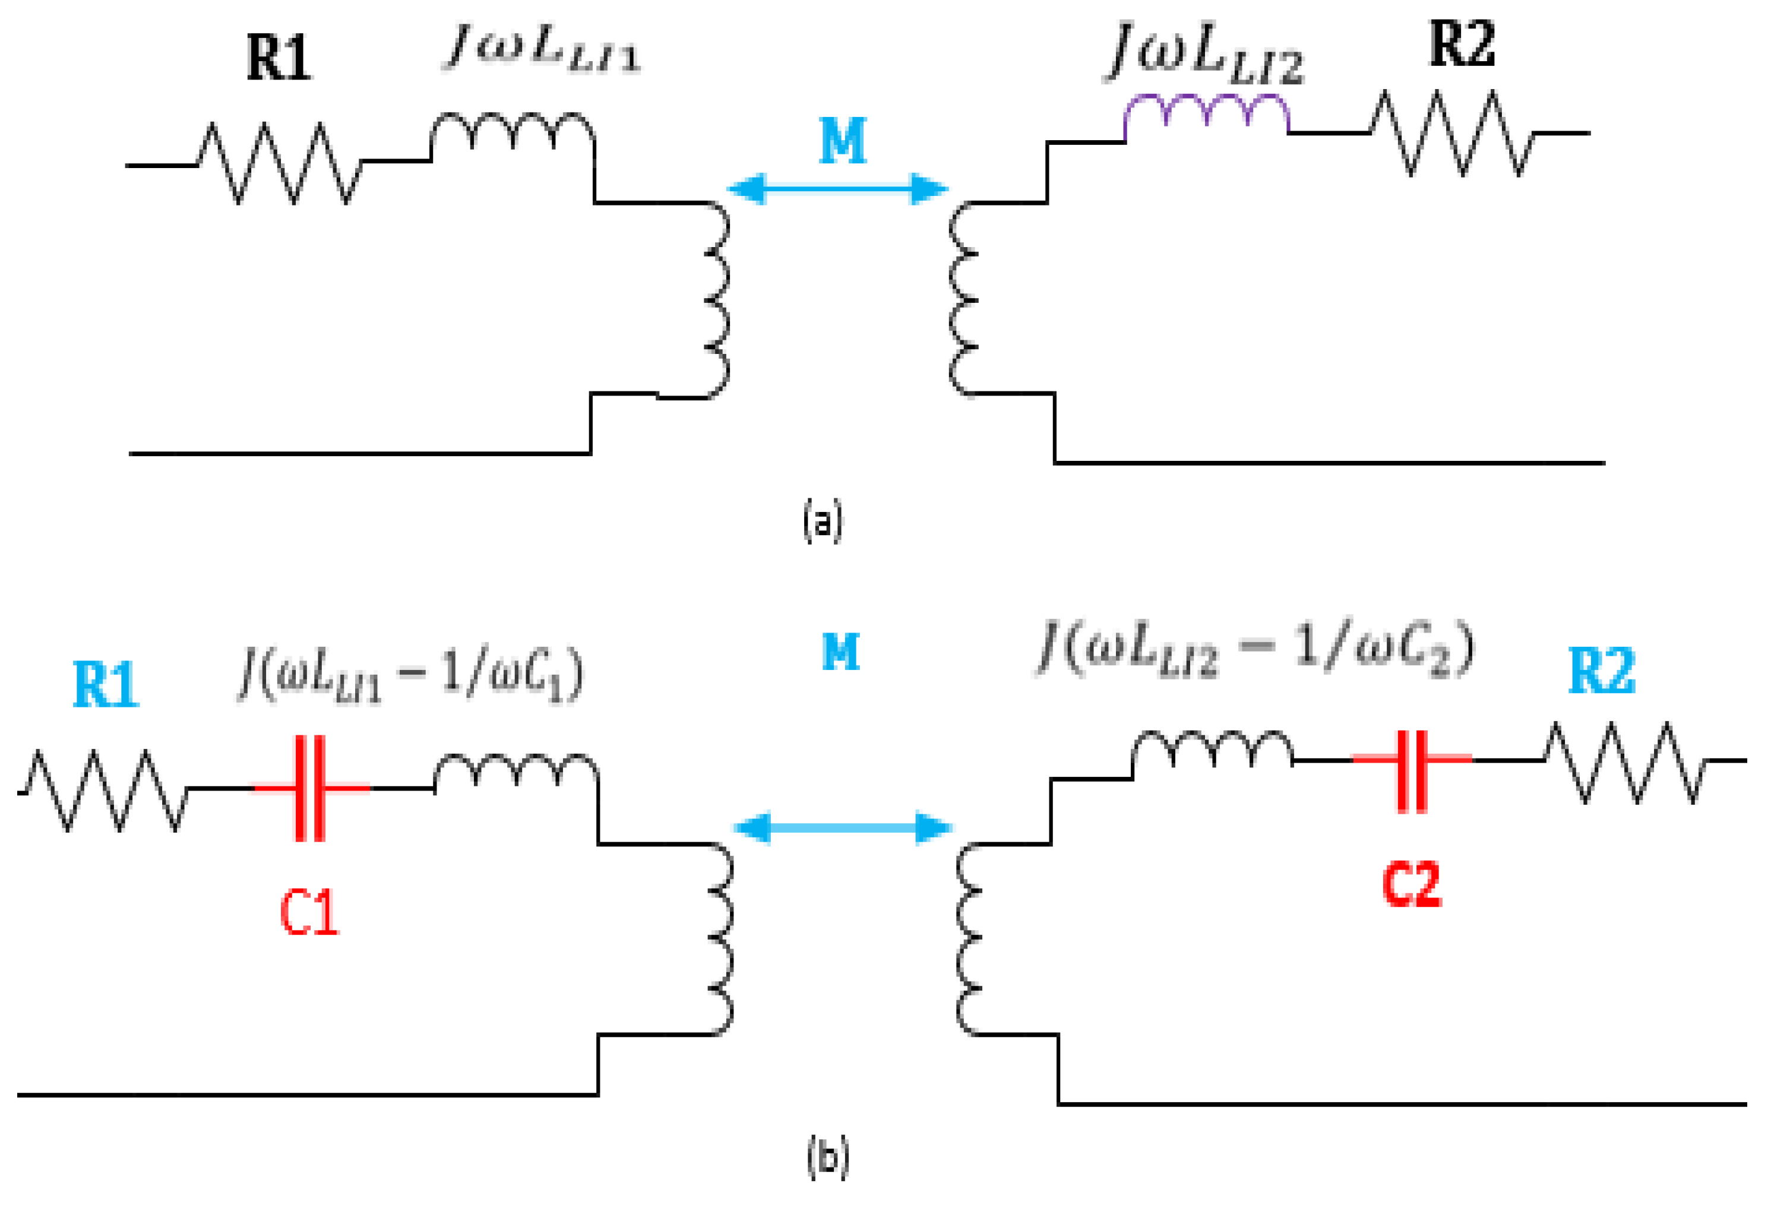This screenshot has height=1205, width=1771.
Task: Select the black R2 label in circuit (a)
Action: pyautogui.click(x=1461, y=44)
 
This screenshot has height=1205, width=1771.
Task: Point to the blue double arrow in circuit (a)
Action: pyautogui.click(x=838, y=188)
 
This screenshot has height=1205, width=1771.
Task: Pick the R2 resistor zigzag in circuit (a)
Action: pyautogui.click(x=1451, y=134)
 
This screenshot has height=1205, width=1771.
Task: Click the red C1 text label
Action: pyautogui.click(x=309, y=913)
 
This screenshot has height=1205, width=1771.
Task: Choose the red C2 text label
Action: pyautogui.click(x=1411, y=884)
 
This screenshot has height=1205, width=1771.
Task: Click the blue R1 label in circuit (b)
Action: pyautogui.click(x=105, y=684)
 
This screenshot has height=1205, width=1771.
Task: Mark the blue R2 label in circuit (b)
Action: pyautogui.click(x=1601, y=671)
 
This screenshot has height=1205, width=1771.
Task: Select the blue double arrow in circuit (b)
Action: pyautogui.click(x=842, y=828)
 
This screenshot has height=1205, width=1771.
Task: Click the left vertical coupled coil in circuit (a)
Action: pyautogui.click(x=716, y=299)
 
